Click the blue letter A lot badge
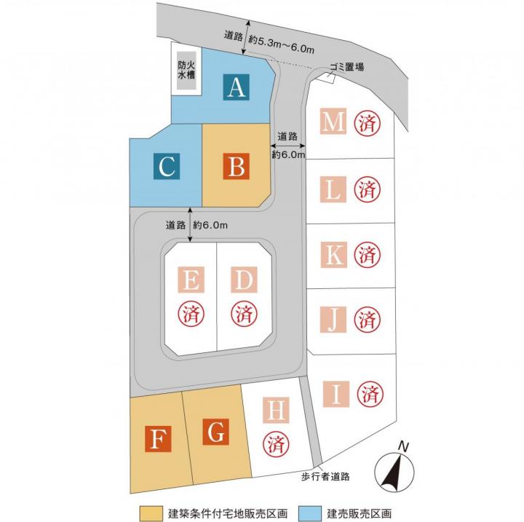pyautogui.click(x=237, y=87)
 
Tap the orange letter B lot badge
pyautogui.click(x=237, y=166)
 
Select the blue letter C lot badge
pyautogui.click(x=167, y=166)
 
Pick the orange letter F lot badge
pyautogui.click(x=158, y=439)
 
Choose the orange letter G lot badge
pyautogui.click(x=216, y=432)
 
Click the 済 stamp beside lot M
pyautogui.click(x=368, y=123)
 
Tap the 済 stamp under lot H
pyautogui.click(x=276, y=444)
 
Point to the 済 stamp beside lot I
pyautogui.click(x=370, y=395)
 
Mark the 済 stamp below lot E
pyautogui.click(x=191, y=314)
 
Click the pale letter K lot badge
pyautogui.click(x=333, y=255)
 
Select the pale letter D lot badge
pyautogui.click(x=244, y=280)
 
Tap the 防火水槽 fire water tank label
pyautogui.click(x=186, y=70)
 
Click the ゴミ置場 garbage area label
pyautogui.click(x=346, y=67)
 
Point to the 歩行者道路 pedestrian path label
pyautogui.click(x=325, y=477)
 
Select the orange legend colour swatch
pyautogui.click(x=151, y=513)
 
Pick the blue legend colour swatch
pyautogui.click(x=311, y=513)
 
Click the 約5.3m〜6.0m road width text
pyautogui.click(x=281, y=45)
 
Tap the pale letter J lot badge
pyautogui.click(x=333, y=320)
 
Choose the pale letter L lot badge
pyautogui.click(x=333, y=189)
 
